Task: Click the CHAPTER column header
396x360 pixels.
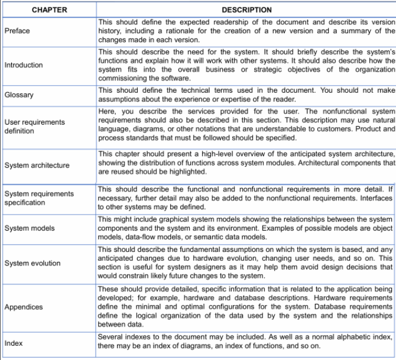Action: (x=48, y=10)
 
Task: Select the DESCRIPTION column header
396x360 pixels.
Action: (x=246, y=10)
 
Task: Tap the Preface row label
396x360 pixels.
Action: (x=17, y=31)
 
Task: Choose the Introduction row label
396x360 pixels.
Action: (x=24, y=65)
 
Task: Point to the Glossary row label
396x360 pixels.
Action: (x=19, y=95)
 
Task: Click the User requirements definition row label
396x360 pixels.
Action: (x=34, y=125)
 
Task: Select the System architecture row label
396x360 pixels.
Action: (x=37, y=165)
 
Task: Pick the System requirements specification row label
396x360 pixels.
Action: (x=39, y=198)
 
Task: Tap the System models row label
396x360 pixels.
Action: (x=30, y=228)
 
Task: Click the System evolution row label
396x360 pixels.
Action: (x=32, y=263)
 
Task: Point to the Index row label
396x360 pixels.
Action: (x=12, y=343)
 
